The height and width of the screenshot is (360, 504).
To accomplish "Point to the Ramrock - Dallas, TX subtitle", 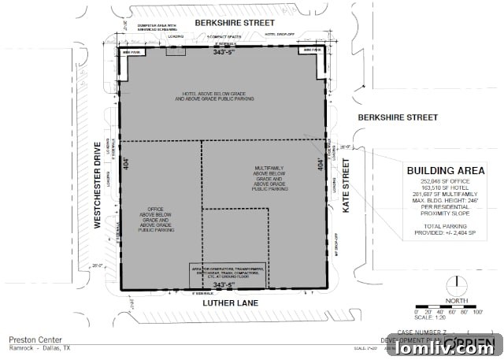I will point(38,347).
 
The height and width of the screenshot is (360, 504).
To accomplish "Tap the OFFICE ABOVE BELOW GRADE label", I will point(156,220).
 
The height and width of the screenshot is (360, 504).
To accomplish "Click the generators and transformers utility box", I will point(227,273).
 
